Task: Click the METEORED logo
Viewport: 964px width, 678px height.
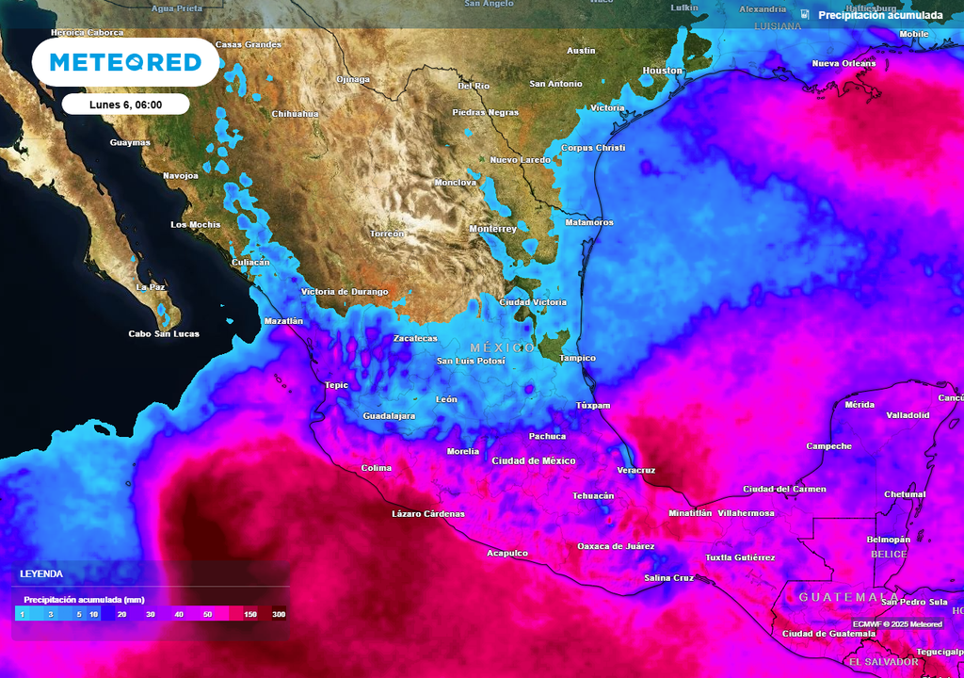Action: pos(125,62)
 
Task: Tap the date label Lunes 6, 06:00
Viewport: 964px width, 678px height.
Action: pos(126,105)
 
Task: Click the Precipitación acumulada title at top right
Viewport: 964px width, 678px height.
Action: pos(879,15)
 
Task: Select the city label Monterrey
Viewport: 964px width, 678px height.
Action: pos(493,229)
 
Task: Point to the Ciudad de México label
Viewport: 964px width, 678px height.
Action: pos(533,460)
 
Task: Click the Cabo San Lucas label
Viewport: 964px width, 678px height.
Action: pos(164,333)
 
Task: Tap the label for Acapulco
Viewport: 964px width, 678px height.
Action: pos(506,553)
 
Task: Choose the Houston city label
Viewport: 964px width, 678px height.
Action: pos(662,71)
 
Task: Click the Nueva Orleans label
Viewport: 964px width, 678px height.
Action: pos(843,64)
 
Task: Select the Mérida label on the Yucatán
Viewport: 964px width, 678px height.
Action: pos(860,404)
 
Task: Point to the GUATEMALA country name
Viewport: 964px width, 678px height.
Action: pos(848,597)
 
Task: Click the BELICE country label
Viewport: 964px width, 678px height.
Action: pos(889,554)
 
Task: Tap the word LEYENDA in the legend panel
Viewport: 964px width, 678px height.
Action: pos(41,573)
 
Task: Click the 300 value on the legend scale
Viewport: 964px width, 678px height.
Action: pos(279,614)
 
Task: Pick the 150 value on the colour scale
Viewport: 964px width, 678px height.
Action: pos(250,614)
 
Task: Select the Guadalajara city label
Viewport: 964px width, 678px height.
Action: pos(389,415)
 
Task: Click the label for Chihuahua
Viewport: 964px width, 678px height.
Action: pos(295,114)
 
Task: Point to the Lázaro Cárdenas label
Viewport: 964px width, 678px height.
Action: pos(427,513)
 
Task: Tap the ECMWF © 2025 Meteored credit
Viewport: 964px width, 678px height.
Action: pos(897,623)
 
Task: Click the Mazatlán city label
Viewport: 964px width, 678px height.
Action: pos(284,321)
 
